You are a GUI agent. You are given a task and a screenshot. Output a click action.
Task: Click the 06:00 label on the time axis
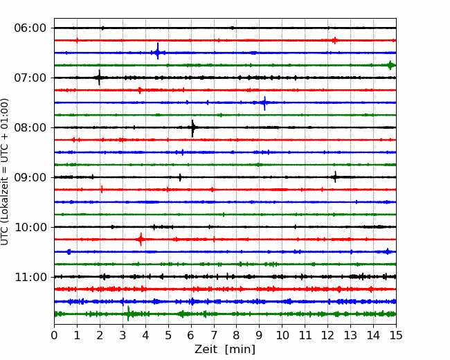[30, 28]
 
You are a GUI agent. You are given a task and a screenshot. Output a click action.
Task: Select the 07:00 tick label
[30, 78]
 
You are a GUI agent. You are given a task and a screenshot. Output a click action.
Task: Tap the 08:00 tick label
[30, 127]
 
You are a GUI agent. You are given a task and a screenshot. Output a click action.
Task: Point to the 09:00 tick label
[30, 177]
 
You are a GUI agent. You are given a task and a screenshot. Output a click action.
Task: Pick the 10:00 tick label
[30, 227]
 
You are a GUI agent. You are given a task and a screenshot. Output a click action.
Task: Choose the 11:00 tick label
[30, 277]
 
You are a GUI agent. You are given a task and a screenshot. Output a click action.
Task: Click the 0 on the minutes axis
[54, 335]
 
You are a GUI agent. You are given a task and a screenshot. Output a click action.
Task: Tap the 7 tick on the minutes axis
[214, 335]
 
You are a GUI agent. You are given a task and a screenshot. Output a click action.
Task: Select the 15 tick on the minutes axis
[396, 335]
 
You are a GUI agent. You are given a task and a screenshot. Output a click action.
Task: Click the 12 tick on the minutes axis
[327, 335]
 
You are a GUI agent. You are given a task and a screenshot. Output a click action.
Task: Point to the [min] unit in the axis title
[240, 350]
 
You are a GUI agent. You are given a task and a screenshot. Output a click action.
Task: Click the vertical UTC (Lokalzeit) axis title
[5, 172]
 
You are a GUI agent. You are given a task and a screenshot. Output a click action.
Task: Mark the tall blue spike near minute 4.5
[158, 51]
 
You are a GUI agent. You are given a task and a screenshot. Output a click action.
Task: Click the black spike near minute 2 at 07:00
[99, 78]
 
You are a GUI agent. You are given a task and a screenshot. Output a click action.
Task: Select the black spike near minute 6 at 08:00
[192, 128]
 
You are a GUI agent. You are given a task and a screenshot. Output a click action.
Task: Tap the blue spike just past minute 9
[264, 103]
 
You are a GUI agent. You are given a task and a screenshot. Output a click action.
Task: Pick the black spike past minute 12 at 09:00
[335, 177]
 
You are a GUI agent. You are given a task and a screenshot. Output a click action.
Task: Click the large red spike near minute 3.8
[141, 239]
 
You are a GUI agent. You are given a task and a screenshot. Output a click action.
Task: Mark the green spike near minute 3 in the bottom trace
[128, 314]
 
